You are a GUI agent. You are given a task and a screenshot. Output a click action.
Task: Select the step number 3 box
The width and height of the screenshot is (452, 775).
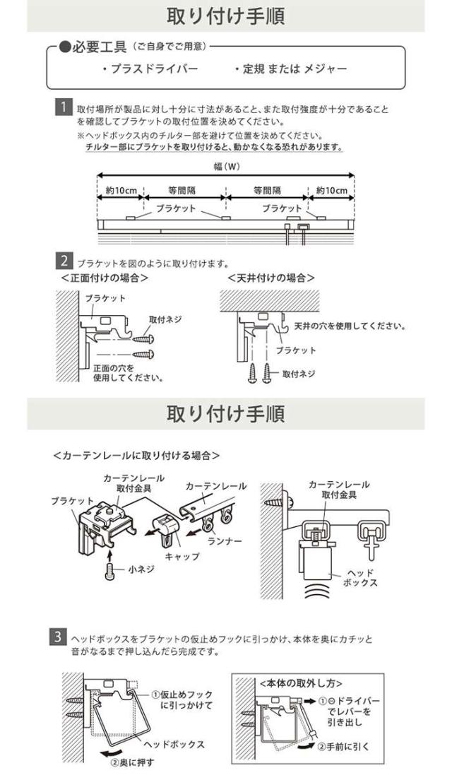point(60,638)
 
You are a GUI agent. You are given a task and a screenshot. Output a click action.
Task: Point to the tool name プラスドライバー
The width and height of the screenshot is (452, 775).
point(150,69)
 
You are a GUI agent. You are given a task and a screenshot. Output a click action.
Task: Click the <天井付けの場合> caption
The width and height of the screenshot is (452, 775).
point(271,277)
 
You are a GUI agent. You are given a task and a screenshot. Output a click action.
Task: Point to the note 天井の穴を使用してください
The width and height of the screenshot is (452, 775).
point(349,326)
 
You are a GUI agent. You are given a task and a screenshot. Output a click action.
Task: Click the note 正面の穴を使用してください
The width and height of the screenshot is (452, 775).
point(128,372)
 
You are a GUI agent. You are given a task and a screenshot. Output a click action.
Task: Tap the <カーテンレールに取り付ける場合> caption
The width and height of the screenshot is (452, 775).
point(136,456)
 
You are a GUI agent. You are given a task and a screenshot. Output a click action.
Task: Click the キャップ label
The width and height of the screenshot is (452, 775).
point(182,557)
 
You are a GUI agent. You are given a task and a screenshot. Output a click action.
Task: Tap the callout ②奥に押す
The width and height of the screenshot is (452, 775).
point(131,761)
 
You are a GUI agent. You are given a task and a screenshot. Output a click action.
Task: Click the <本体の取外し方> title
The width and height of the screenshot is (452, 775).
point(301,683)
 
